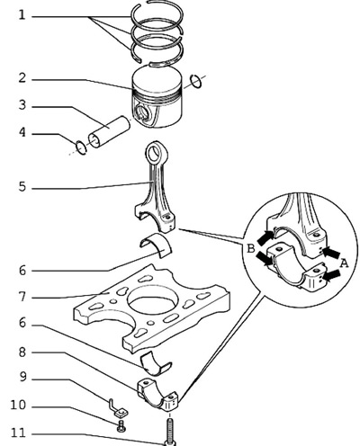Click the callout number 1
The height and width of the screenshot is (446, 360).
pyautogui.click(x=22, y=15)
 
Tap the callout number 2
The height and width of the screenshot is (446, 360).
pyautogui.click(x=22, y=78)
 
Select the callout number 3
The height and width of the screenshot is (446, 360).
pyautogui.click(x=22, y=105)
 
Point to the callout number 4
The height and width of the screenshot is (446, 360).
pyautogui.click(x=22, y=132)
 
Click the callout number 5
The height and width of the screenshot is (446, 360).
pyautogui.click(x=22, y=187)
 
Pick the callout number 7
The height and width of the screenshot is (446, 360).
pyautogui.click(x=22, y=297)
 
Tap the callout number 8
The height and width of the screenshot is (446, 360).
pyautogui.click(x=22, y=352)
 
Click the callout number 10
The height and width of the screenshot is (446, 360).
pyautogui.click(x=18, y=405)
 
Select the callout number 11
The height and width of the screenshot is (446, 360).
pyautogui.click(x=18, y=433)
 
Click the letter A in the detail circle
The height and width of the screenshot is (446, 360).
pyautogui.click(x=344, y=263)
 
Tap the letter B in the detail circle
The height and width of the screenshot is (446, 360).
pyautogui.click(x=250, y=248)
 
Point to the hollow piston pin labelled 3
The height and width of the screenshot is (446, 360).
pyautogui.click(x=110, y=132)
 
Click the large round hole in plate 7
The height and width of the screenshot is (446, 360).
pyautogui.click(x=151, y=299)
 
